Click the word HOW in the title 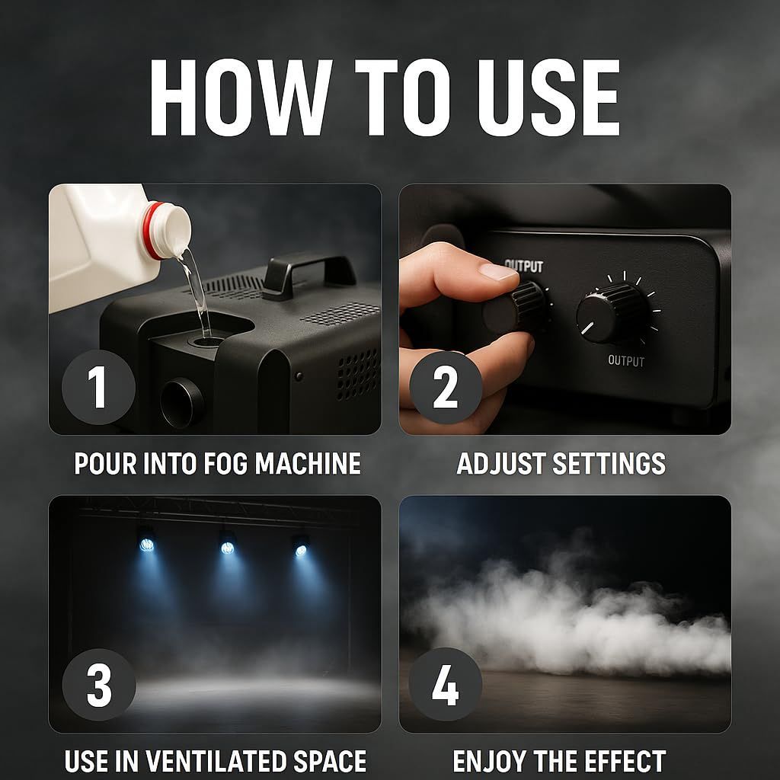(x=241, y=97)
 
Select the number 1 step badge (x=98, y=387)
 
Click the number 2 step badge (x=445, y=387)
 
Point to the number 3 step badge (x=98, y=685)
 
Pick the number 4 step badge (x=445, y=685)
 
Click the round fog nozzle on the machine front (x=181, y=403)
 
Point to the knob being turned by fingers (x=517, y=308)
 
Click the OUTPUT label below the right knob (x=626, y=360)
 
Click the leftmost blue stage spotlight (x=147, y=544)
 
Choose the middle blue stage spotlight (x=227, y=548)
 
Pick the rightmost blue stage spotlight (x=300, y=550)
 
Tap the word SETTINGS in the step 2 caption (x=609, y=464)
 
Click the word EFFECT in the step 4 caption (x=625, y=761)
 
